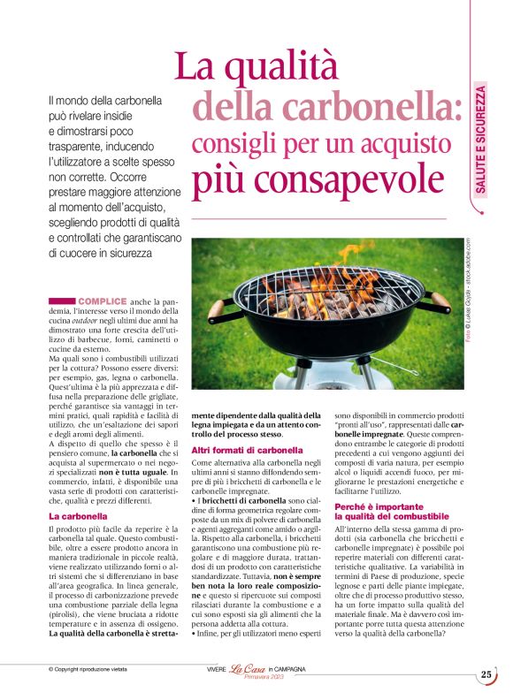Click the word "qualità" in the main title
pos(287,66)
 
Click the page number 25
pos(486,674)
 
